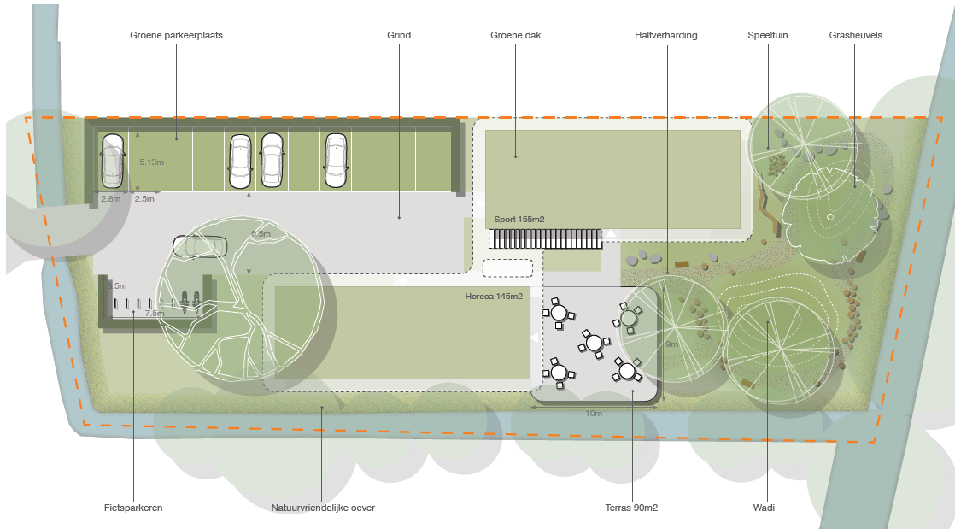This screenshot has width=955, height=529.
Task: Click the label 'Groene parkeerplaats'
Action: click(176, 35)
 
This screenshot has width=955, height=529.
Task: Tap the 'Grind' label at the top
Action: click(399, 35)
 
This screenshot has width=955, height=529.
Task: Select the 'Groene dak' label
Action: click(515, 35)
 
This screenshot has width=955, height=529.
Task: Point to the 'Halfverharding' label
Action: click(666, 35)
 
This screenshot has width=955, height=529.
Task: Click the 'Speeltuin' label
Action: click(767, 35)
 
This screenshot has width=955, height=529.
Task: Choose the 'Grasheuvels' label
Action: click(855, 35)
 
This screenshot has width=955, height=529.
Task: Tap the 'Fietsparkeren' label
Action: click(133, 508)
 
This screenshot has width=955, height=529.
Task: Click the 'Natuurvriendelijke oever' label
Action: click(323, 508)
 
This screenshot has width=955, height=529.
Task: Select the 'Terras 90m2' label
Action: click(631, 508)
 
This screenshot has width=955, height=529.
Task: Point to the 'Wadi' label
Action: click(765, 508)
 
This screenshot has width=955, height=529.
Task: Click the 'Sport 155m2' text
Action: click(519, 220)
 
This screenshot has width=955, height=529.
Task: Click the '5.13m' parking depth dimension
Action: click(150, 162)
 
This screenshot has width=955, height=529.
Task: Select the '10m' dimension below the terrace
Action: click(593, 414)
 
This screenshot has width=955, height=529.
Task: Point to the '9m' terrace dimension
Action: click(672, 344)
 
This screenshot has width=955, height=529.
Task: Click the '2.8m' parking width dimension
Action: click(110, 199)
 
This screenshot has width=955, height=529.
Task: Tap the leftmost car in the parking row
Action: click(113, 161)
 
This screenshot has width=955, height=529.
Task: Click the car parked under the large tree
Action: click(200, 246)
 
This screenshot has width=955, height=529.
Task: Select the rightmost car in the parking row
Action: click(335, 161)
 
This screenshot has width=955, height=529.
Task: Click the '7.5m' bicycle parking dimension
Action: click(155, 314)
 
